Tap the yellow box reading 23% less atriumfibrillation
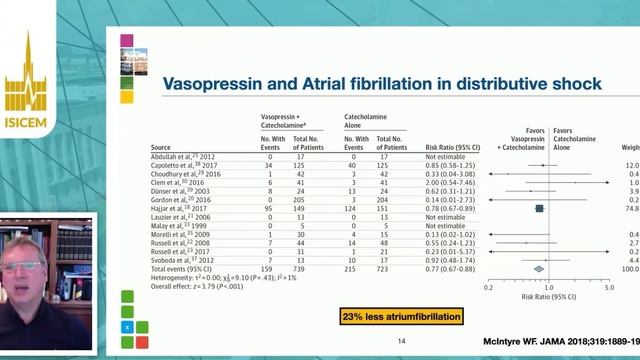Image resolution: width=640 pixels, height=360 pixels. [402, 318]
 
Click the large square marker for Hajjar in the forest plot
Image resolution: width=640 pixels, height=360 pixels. [539, 208]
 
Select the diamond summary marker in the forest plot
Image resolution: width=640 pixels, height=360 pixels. [539, 268]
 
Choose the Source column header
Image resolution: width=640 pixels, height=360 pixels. [146, 147]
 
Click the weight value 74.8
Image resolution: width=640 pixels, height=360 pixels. [630, 208]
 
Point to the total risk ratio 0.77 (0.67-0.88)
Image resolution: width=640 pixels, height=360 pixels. [453, 268]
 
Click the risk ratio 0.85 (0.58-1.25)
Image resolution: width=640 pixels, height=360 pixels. [453, 164]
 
